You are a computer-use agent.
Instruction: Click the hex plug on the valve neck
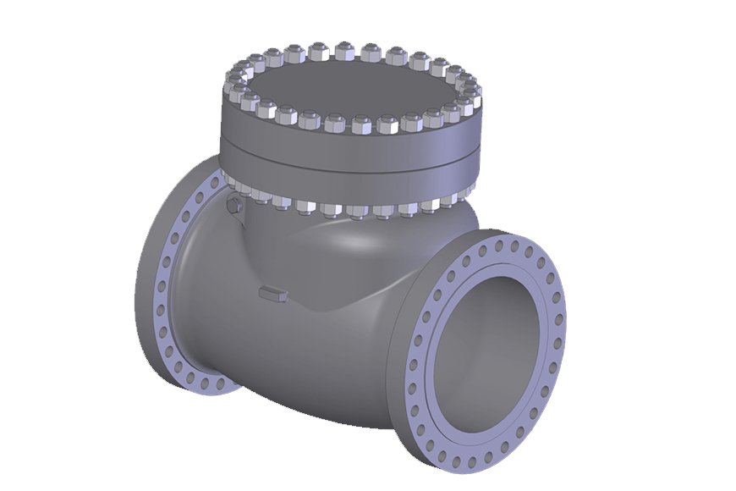click(234, 206)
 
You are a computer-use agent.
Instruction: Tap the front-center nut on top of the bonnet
click(359, 124)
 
